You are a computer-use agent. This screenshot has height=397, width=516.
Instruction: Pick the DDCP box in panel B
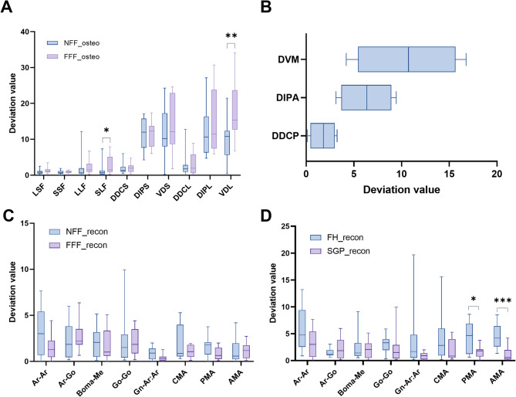[322, 135]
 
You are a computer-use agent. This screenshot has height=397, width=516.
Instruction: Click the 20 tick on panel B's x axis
[495, 154]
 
